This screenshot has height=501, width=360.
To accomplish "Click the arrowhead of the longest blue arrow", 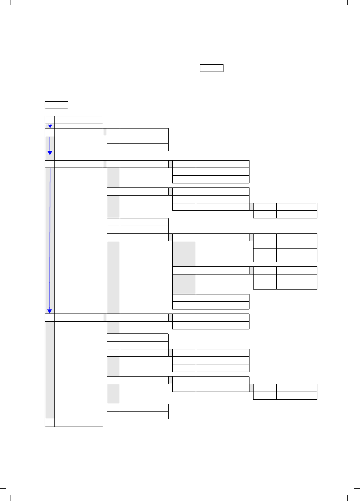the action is coord(50,311).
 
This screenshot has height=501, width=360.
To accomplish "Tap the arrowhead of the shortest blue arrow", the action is coord(50,126).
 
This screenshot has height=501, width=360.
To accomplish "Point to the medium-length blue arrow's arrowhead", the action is coord(50,153).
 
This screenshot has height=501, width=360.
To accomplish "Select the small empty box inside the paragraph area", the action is coord(211,68).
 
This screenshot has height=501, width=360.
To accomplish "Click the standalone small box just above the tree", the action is coord(56,105).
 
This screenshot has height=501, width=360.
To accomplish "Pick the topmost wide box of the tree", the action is coord(79,120).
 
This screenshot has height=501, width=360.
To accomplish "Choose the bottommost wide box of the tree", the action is coord(79,423).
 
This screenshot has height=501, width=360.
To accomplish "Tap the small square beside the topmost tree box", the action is coord(50,120).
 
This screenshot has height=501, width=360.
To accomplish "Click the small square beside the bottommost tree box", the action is coord(50,423).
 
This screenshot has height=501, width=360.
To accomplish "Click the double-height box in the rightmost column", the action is coord(297,255).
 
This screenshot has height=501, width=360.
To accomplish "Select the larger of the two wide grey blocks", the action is coord(184,253).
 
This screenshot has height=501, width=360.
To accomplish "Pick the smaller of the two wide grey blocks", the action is coord(184,284).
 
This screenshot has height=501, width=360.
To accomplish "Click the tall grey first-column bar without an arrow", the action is coord(50,370).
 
